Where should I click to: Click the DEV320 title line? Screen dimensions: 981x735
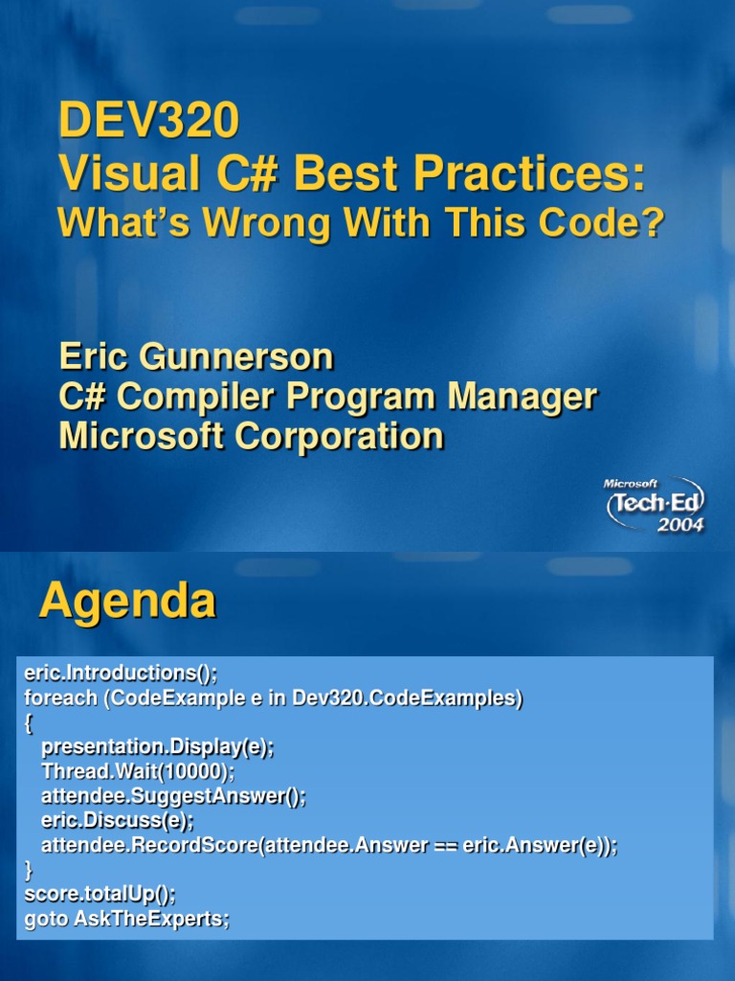(148, 121)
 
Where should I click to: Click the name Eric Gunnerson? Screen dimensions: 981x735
(196, 356)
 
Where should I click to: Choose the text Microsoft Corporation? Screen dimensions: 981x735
(251, 436)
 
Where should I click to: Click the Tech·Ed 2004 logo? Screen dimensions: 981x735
(655, 505)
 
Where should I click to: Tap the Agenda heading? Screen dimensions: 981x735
(127, 602)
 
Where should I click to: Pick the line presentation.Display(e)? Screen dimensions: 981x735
(157, 747)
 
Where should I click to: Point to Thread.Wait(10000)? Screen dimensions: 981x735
(138, 771)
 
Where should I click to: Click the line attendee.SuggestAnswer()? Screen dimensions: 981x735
(173, 796)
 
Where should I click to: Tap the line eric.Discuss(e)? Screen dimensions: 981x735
(117, 821)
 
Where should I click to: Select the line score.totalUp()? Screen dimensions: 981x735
(100, 895)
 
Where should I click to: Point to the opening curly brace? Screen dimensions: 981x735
(29, 723)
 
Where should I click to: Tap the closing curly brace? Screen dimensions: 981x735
(29, 870)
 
